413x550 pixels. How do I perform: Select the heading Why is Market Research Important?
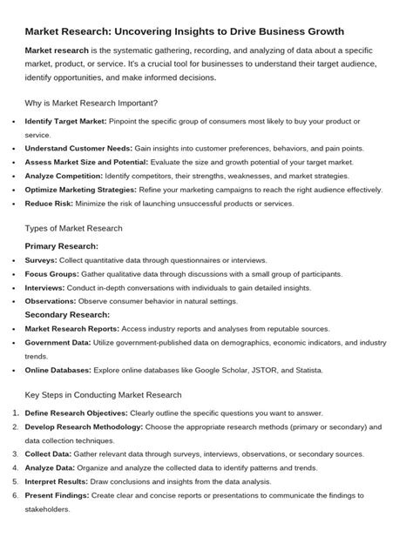pyautogui.click(x=91, y=104)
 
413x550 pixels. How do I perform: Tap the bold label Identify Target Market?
pyautogui.click(x=65, y=121)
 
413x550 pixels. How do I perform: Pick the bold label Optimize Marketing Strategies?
pyautogui.click(x=82, y=189)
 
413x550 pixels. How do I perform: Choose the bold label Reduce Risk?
pyautogui.click(x=47, y=203)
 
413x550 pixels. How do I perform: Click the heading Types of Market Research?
pyautogui.click(x=74, y=228)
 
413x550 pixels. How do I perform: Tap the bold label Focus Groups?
pyautogui.click(x=52, y=273)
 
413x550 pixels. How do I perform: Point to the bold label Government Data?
pyautogui.click(x=60, y=343)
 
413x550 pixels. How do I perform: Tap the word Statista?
pyautogui.click(x=306, y=370)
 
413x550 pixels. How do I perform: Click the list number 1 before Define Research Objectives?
pyautogui.click(x=15, y=412)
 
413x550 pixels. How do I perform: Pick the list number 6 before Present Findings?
pyautogui.click(x=15, y=495)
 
